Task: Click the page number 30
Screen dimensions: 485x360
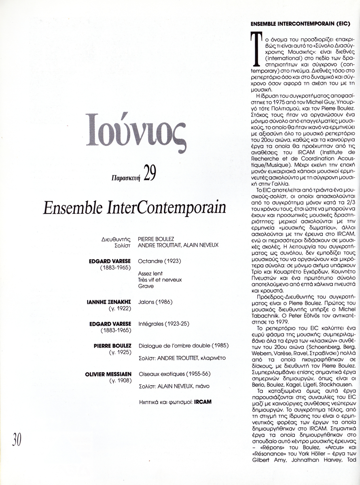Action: point(17,439)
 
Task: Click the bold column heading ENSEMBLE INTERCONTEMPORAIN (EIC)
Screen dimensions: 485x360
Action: point(300,24)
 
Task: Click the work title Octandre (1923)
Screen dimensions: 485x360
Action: point(159,261)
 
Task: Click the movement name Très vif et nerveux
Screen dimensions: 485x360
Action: point(160,280)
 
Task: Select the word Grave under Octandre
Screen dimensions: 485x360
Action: point(146,286)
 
